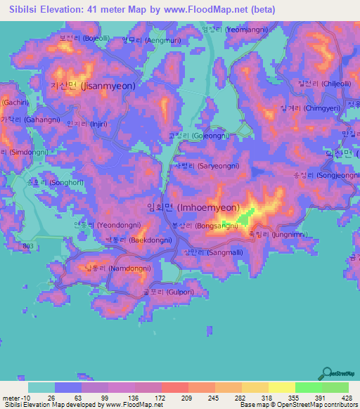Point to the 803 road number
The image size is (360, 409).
pos(27,244)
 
